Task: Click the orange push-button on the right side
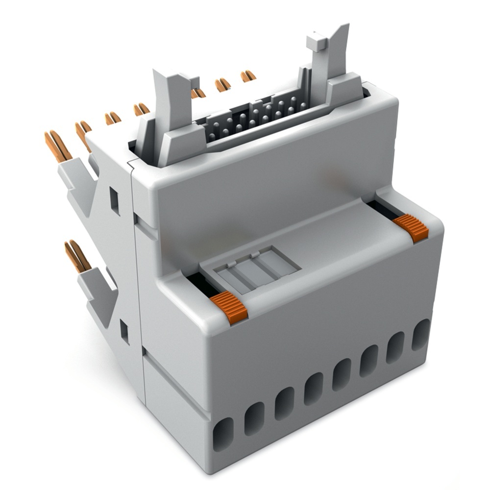coord(411,228)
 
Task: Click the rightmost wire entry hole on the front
coord(420,334)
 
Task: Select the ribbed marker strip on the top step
coord(257,269)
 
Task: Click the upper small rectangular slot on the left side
coord(115,201)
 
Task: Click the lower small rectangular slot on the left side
coord(124,332)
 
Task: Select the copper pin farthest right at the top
coord(248,76)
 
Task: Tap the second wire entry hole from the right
coord(395,347)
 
